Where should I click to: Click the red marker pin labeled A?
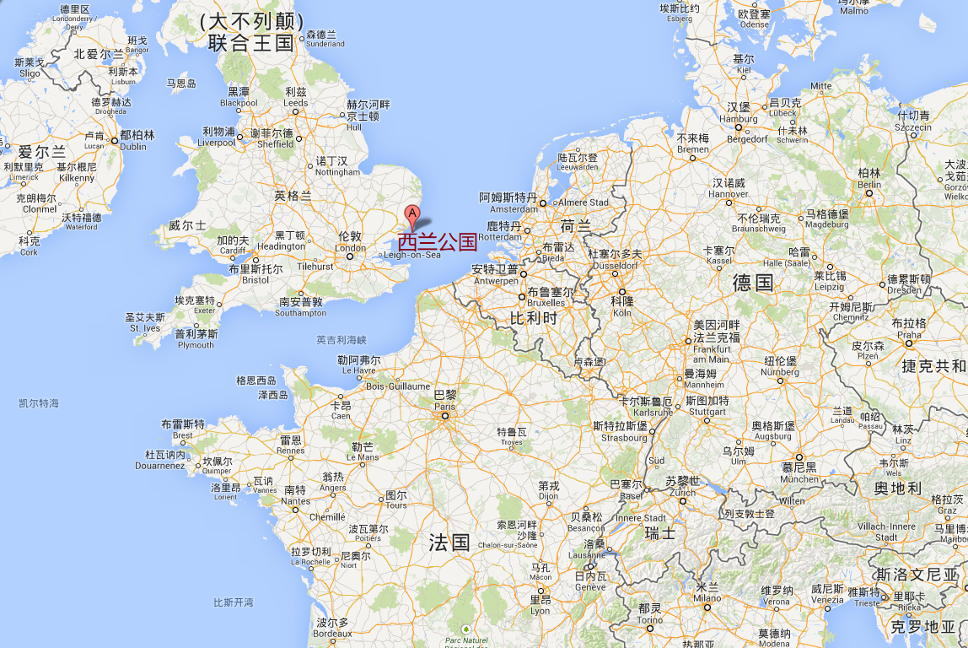click(x=412, y=213)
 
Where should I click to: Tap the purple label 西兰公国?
click(x=438, y=242)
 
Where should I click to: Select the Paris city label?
click(x=444, y=400)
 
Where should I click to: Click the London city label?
click(x=349, y=242)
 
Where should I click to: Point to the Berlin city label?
click(x=869, y=178)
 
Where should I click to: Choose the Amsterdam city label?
click(x=508, y=202)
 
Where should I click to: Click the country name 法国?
click(x=449, y=542)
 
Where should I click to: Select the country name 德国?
click(x=753, y=282)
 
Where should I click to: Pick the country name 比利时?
click(x=534, y=318)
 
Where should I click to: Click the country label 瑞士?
click(x=659, y=533)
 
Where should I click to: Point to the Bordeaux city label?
click(x=331, y=628)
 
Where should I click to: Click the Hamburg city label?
click(x=739, y=112)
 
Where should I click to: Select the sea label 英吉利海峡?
click(x=341, y=340)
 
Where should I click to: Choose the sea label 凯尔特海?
click(x=39, y=403)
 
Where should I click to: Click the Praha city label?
click(x=909, y=328)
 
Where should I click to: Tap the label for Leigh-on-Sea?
click(x=412, y=255)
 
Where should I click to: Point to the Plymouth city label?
click(x=196, y=339)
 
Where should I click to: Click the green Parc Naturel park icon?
click(x=466, y=629)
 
